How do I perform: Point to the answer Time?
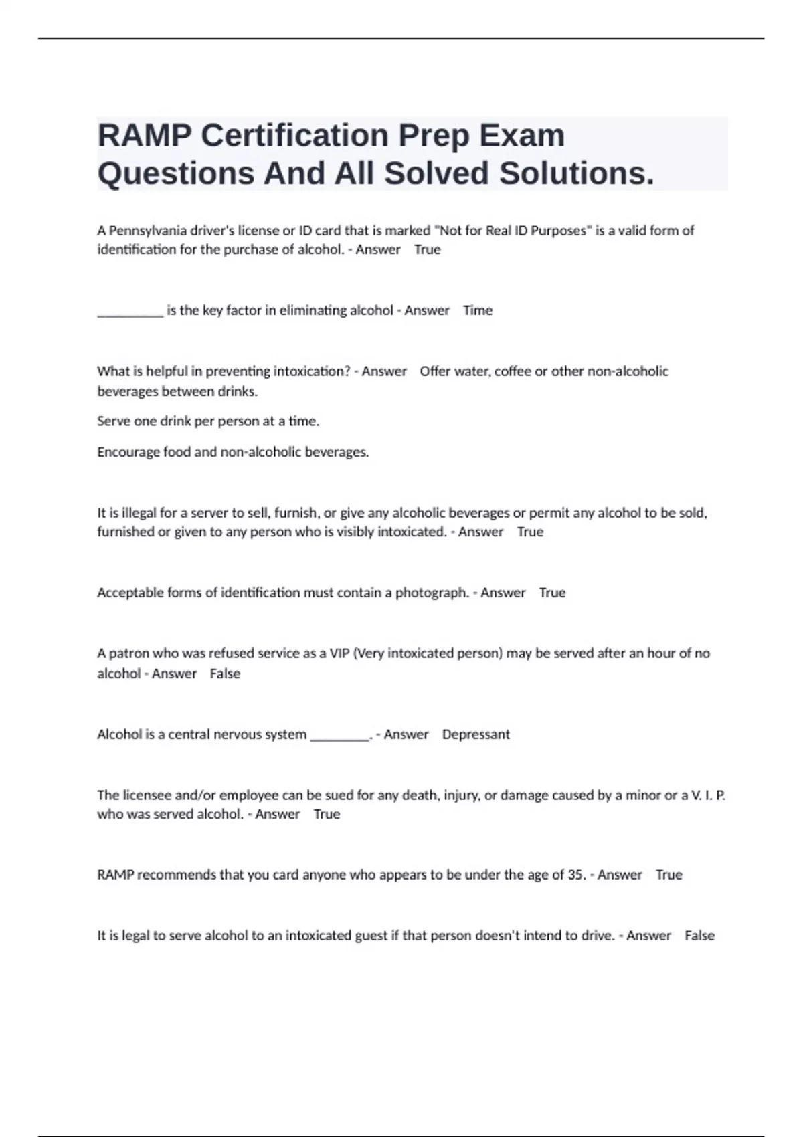pyautogui.click(x=478, y=310)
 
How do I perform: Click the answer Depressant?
pyautogui.click(x=476, y=734)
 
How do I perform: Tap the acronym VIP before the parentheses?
pyautogui.click(x=339, y=653)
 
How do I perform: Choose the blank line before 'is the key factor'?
pyautogui.click(x=130, y=312)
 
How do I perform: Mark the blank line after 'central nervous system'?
pyautogui.click(x=340, y=736)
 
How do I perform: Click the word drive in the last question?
pyautogui.click(x=597, y=936)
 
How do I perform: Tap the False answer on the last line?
pyautogui.click(x=699, y=936)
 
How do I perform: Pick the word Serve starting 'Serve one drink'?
pyautogui.click(x=114, y=421)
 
